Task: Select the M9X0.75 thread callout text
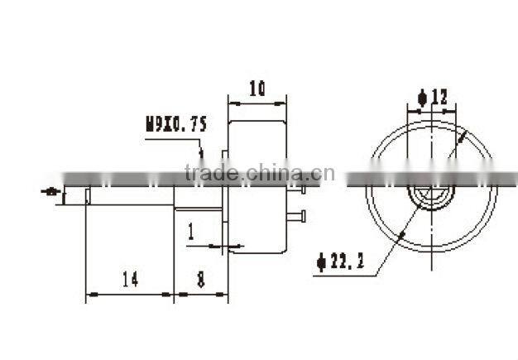(x=176, y=125)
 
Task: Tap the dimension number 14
(x=129, y=281)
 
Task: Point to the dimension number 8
(x=201, y=281)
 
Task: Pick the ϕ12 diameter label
(x=433, y=98)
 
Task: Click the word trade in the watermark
(x=211, y=173)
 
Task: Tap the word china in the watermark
(x=268, y=173)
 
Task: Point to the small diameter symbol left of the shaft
(x=53, y=192)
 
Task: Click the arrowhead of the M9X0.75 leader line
(x=201, y=154)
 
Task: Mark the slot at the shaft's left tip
(x=88, y=195)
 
